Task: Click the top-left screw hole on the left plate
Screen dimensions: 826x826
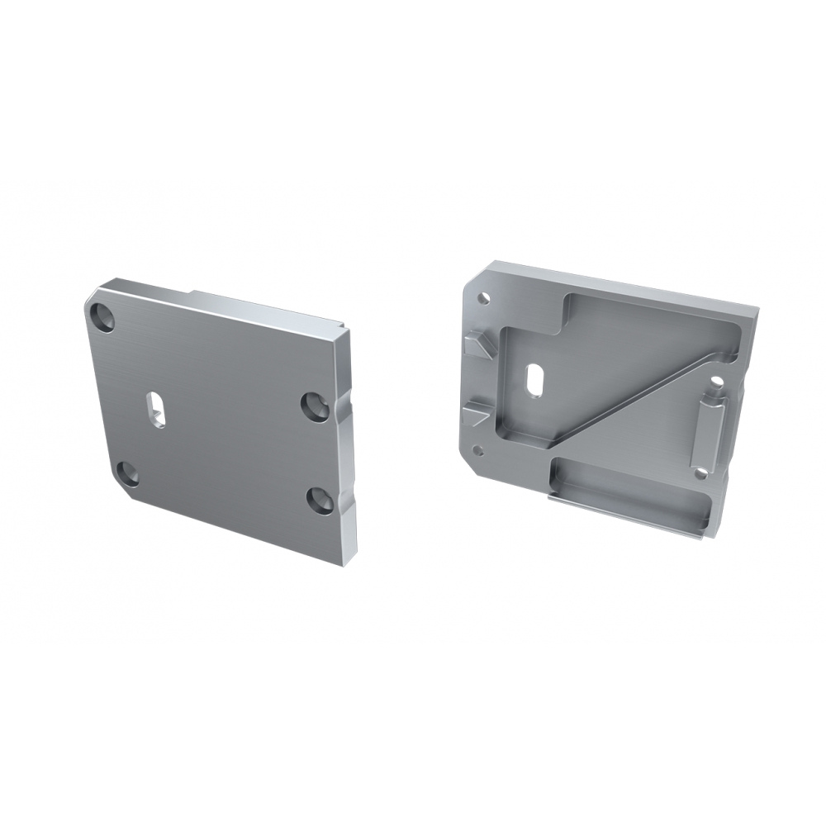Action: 104,317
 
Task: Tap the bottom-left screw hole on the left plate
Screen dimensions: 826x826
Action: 127,473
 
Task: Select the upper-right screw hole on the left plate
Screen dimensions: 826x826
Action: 314,405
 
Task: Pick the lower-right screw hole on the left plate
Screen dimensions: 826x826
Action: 320,500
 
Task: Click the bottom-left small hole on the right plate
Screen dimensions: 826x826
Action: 477,449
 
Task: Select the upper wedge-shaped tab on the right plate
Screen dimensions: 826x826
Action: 479,343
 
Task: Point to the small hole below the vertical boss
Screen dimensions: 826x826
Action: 700,473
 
